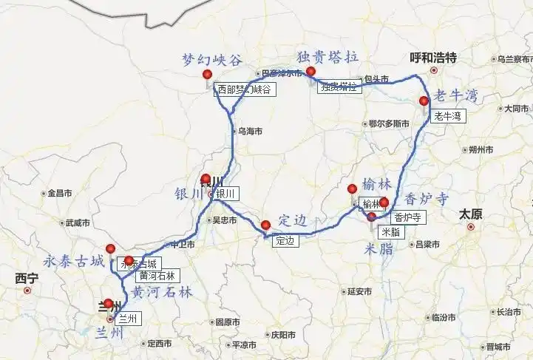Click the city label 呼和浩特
(433, 58)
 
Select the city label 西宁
(27, 279)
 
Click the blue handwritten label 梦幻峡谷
(212, 60)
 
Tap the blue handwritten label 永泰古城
(72, 260)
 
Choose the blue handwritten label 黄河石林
(158, 292)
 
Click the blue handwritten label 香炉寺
(427, 198)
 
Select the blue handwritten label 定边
(292, 220)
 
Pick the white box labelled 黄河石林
(157, 275)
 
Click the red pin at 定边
(266, 225)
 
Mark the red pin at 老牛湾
(424, 101)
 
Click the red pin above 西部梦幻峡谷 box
(208, 74)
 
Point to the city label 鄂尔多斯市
(389, 123)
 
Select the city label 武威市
(77, 223)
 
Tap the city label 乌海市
(249, 131)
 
